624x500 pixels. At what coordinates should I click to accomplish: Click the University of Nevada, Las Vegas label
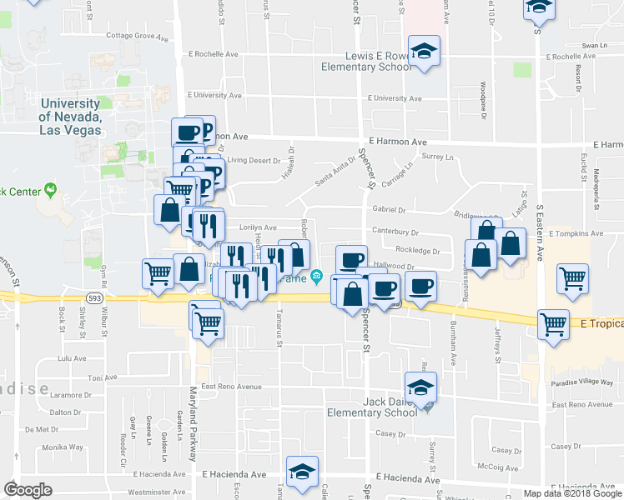tap(70, 117)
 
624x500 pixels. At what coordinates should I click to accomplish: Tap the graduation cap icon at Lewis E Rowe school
tap(425, 51)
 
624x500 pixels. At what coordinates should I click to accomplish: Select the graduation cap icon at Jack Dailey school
tap(420, 387)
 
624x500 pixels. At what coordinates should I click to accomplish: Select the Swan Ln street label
tap(594, 45)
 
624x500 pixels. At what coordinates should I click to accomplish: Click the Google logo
tap(28, 490)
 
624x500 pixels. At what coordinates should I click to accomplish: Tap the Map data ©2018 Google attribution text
tap(571, 493)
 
